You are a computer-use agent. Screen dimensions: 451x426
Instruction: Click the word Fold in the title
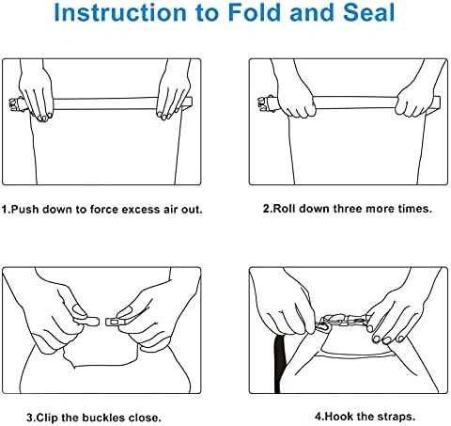point(256,12)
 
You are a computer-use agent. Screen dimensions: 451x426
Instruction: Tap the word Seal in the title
point(369,12)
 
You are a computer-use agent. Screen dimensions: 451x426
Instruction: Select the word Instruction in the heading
point(120,12)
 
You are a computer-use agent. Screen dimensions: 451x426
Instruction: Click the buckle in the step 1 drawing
point(16,104)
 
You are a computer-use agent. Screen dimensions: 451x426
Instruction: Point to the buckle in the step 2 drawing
point(265,103)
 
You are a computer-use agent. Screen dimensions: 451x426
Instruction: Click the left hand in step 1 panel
point(37,94)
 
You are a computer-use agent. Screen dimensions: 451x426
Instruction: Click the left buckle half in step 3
point(87,321)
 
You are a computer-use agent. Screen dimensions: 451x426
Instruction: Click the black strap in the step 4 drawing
point(279,364)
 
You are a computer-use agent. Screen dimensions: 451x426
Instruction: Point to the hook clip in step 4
point(322,326)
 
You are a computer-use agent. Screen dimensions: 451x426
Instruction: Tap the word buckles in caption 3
point(103,418)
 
